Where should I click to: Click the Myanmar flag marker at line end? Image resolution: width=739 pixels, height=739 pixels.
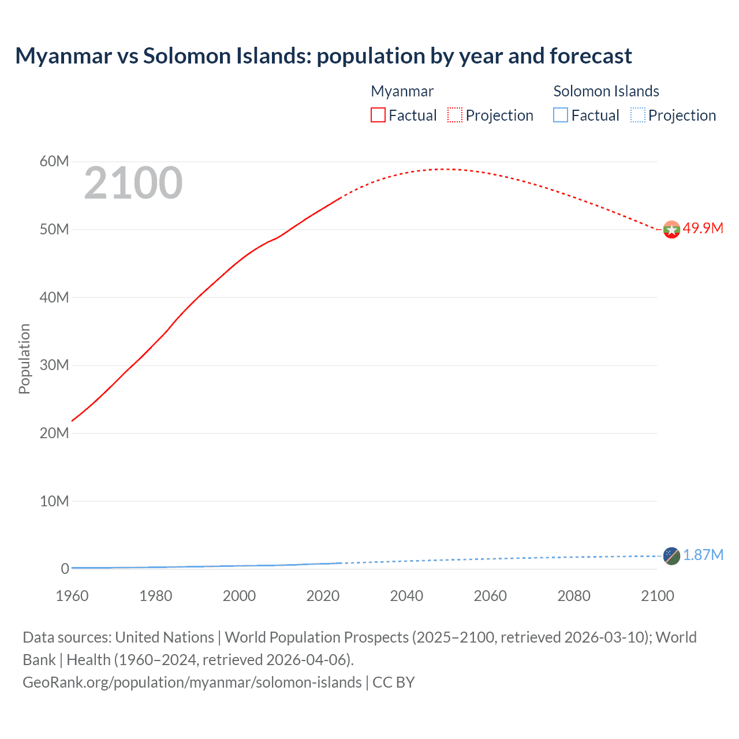point(671,230)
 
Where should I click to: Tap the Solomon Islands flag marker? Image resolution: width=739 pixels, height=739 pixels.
point(671,556)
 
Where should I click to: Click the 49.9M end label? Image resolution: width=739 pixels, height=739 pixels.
point(703,228)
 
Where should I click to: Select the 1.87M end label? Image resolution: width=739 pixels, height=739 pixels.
point(703,555)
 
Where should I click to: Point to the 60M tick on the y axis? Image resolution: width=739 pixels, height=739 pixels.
point(54,161)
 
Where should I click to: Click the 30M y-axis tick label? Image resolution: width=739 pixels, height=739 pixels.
point(54,365)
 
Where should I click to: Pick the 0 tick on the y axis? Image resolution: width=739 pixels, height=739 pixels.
point(65,569)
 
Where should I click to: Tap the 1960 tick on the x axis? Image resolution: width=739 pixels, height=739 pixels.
point(72,596)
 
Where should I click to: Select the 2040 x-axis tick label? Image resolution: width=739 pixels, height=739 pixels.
point(406,596)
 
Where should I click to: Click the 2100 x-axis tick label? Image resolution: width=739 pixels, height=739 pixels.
point(657,596)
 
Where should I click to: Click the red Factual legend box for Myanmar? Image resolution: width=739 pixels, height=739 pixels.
point(378,115)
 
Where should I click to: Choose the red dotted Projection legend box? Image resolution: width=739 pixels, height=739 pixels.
point(455,115)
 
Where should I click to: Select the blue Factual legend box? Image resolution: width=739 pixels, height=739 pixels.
point(561,115)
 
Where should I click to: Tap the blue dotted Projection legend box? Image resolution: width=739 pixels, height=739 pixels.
point(638,115)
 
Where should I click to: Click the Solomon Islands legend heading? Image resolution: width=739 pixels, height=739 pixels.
point(606,91)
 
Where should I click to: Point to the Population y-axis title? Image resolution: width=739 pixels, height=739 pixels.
point(24,359)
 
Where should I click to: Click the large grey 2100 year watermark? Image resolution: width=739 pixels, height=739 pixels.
point(133,183)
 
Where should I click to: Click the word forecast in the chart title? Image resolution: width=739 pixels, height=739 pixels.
point(591,56)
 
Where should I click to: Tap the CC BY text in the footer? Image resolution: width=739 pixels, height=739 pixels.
point(394,682)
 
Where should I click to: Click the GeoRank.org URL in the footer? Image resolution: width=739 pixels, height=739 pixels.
point(192,682)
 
